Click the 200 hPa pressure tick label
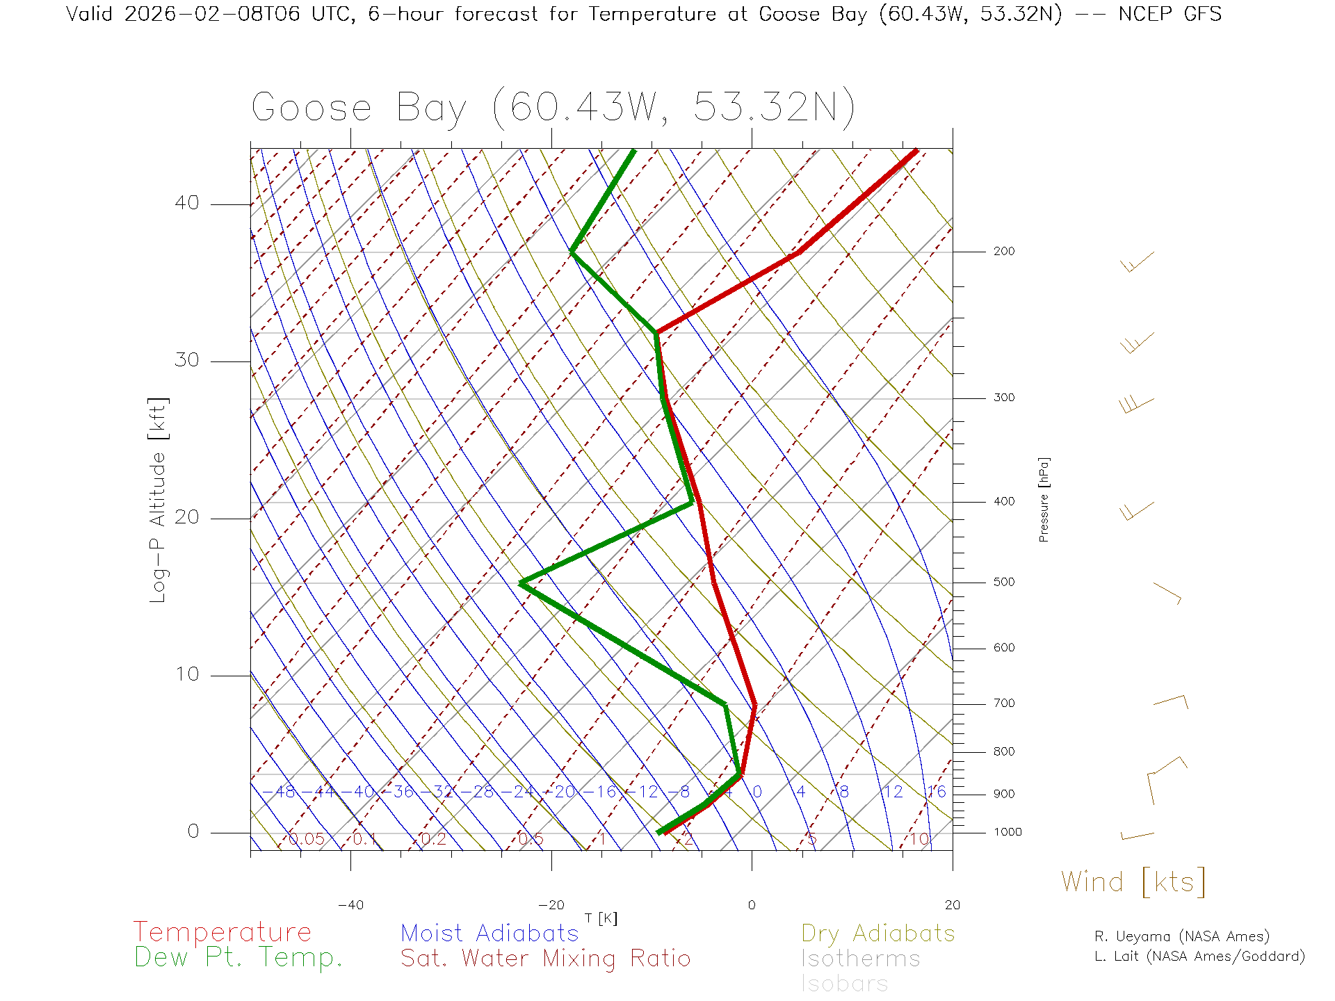tap(1003, 252)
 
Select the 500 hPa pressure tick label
tap(1003, 583)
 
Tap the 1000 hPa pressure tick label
tap(1007, 832)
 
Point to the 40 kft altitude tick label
tap(186, 203)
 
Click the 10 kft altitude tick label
tap(186, 674)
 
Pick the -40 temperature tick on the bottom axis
tap(350, 905)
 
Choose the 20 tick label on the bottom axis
tap(952, 905)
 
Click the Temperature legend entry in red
tap(222, 932)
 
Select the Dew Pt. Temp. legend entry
tap(238, 958)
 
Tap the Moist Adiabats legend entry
tap(489, 934)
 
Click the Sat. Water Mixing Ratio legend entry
tap(545, 959)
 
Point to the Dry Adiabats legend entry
tap(878, 934)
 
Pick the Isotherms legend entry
tap(860, 959)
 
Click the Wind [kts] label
tap(1133, 882)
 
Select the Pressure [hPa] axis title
tap(1044, 499)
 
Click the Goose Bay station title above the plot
tap(553, 108)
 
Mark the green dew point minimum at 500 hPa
tap(521, 583)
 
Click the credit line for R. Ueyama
tap(1181, 936)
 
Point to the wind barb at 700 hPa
tap(1171, 701)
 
